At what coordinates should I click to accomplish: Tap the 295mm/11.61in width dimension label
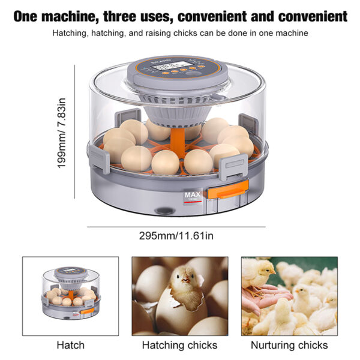coord(176,235)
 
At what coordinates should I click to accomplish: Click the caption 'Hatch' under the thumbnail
coord(70,345)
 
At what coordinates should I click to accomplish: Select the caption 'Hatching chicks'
coord(180,345)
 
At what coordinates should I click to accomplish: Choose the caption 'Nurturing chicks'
coord(289,345)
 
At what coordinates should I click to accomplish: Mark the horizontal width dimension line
coord(176,227)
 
